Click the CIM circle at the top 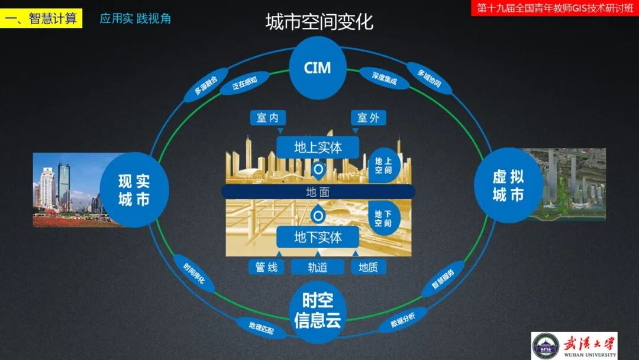tap(317, 67)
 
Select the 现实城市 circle tap(134, 189)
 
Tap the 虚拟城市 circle tap(508, 185)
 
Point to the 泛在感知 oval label tap(244, 83)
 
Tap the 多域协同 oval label tap(429, 79)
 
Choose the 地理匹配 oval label tap(257, 327)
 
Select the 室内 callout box tap(267, 118)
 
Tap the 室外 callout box tap(368, 118)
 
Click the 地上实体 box tap(318, 147)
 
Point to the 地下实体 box tap(318, 237)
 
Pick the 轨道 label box tap(318, 267)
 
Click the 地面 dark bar tap(318, 192)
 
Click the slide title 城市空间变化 tap(319, 22)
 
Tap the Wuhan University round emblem tap(545, 345)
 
